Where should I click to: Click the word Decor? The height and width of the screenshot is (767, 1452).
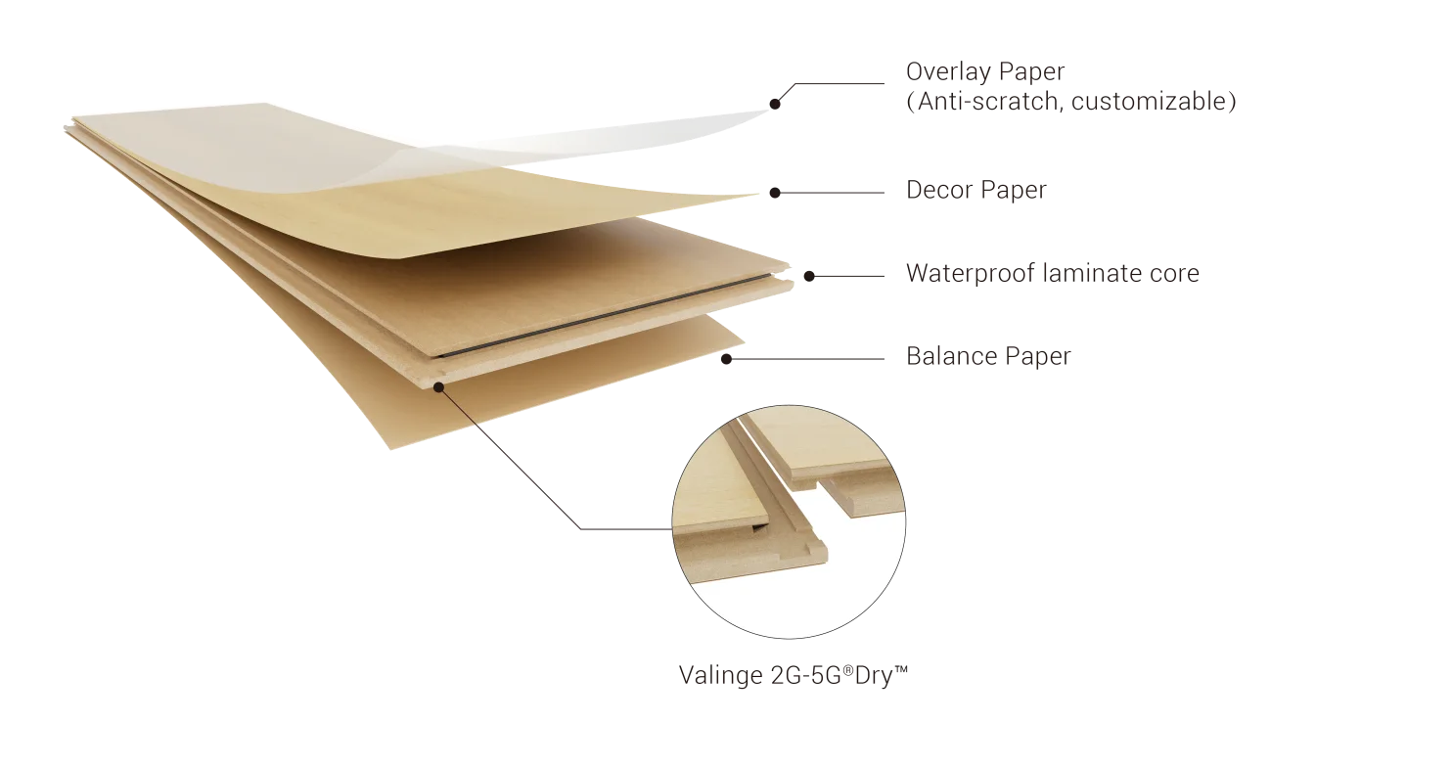coord(939,190)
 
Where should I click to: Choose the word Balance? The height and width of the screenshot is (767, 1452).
coord(952,356)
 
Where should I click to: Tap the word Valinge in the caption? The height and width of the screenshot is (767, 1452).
coord(721,676)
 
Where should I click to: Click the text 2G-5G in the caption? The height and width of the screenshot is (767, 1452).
coord(805,676)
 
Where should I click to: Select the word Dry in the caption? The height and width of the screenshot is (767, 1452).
coord(873,676)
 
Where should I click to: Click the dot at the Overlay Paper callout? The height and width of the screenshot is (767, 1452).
coord(775,104)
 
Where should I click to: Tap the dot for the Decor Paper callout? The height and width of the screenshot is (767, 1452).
coord(775,193)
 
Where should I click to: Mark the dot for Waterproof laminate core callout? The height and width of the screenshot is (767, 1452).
coord(809,276)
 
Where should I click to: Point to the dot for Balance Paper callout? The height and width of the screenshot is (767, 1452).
coord(726,358)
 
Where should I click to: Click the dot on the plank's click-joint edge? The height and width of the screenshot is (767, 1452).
coord(439,387)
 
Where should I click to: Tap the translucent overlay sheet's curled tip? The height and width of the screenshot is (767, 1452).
coord(768,111)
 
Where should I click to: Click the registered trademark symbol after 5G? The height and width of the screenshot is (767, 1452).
coord(847,669)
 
